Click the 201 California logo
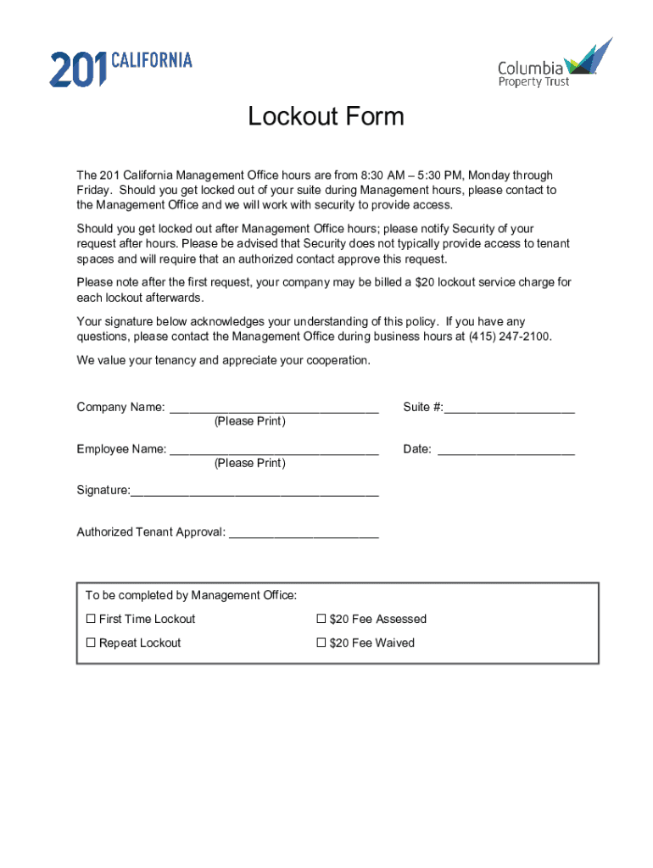pos(120,68)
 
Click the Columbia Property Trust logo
pos(554,64)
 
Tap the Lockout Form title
pos(326,116)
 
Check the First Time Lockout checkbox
pos(91,620)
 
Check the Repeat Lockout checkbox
pos(91,643)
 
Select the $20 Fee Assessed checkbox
pos(321,620)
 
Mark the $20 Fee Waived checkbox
pos(321,643)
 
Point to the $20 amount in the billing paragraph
pos(426,282)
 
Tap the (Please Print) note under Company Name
pos(250,421)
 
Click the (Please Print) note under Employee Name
pos(250,464)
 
